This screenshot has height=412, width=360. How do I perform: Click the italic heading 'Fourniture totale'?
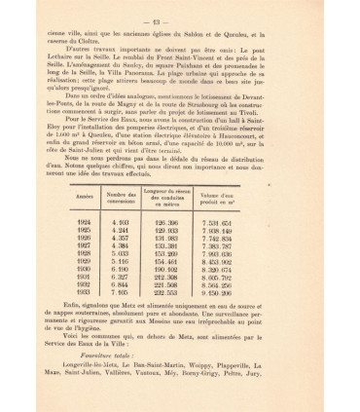click(115, 383)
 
